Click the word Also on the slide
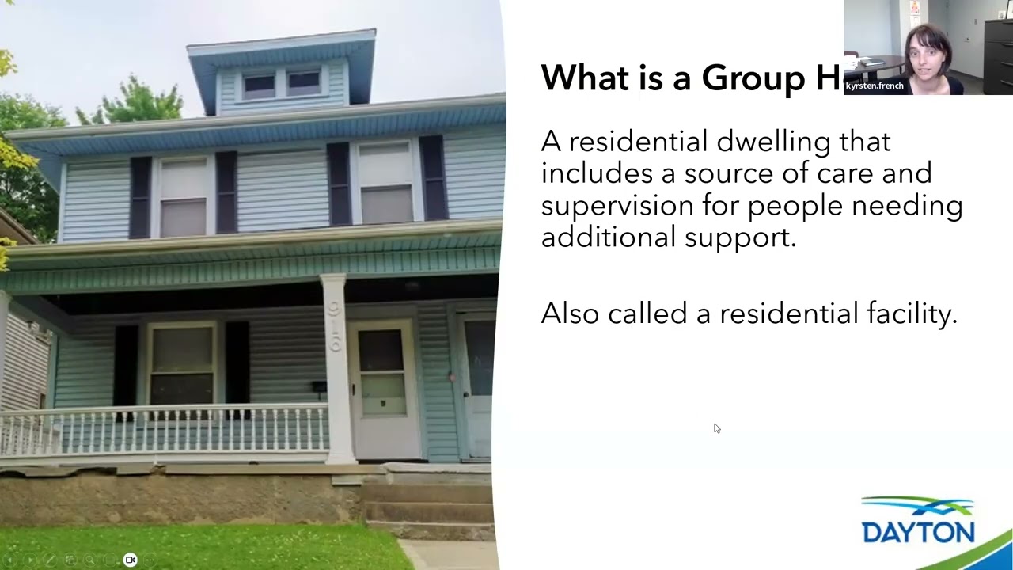coord(570,313)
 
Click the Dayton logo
coord(918,522)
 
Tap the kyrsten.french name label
coord(875,85)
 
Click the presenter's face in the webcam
coord(927,55)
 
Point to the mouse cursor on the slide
coord(716,428)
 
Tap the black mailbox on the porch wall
coord(318,386)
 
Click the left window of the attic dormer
coord(259,85)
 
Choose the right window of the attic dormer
coord(304,82)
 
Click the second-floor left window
coord(184,197)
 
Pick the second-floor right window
coord(386,184)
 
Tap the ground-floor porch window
coord(181,364)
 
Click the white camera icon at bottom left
coord(131,560)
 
